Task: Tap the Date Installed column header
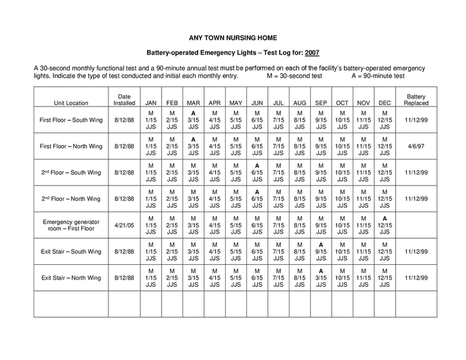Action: point(124,100)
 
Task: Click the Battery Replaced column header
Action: point(416,100)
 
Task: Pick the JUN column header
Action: point(257,103)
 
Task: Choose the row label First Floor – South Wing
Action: point(71,120)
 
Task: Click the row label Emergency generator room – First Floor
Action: point(71,225)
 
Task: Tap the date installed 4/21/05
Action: point(124,225)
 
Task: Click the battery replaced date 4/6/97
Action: point(416,146)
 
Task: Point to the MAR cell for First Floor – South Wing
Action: point(193,120)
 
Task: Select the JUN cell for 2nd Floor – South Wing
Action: point(257,172)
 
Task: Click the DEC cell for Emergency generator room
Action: point(385,225)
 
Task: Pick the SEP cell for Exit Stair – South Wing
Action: point(321,252)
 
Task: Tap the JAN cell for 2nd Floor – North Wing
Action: point(150,198)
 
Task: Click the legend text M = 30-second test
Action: point(294,76)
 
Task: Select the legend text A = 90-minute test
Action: point(377,76)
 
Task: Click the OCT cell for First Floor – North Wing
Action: point(342,146)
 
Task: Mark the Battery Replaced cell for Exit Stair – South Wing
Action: point(416,252)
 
